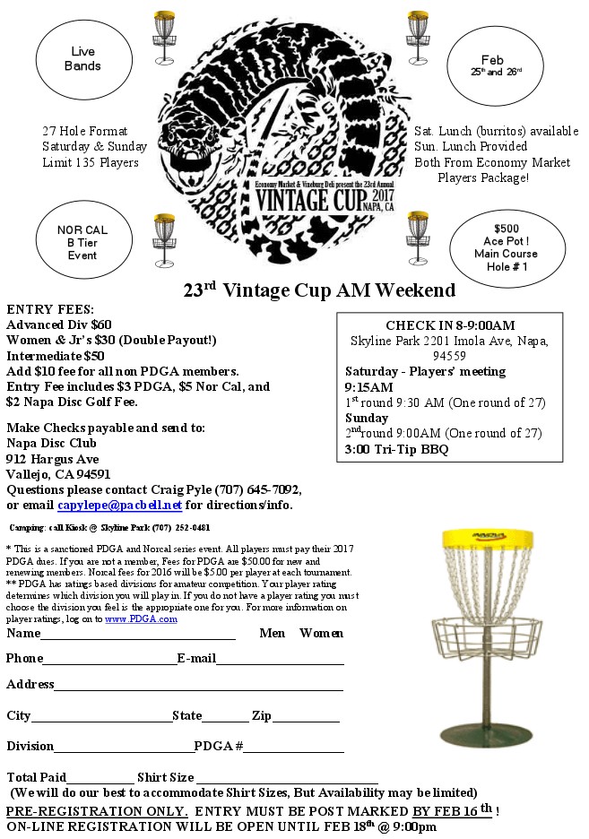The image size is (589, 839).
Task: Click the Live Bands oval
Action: tap(83, 59)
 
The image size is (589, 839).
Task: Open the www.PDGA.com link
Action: tap(141, 618)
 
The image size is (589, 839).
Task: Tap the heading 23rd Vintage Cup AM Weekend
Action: tap(319, 290)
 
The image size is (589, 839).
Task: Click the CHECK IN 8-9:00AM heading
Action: tap(449, 325)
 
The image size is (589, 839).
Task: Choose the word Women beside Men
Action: tap(321, 634)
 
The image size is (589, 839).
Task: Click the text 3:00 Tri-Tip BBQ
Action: tap(396, 450)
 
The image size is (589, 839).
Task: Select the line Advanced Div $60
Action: tap(58, 324)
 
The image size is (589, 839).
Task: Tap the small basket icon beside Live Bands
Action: tap(162, 36)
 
